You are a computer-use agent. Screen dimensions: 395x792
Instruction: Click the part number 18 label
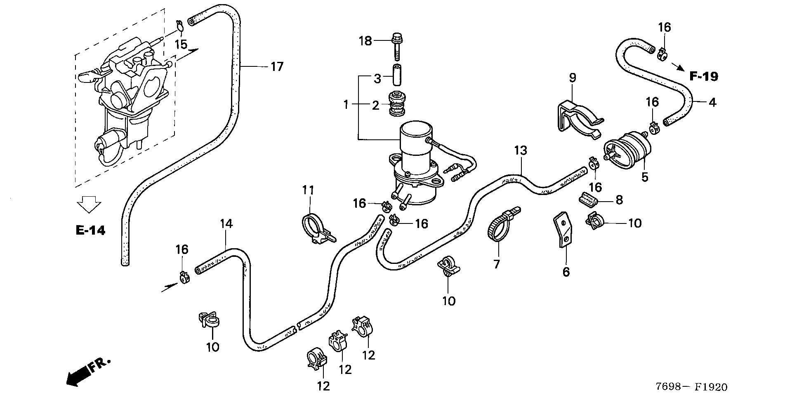click(x=365, y=41)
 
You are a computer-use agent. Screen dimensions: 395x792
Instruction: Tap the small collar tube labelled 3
click(x=396, y=74)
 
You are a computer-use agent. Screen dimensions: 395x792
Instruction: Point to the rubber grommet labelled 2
click(x=396, y=104)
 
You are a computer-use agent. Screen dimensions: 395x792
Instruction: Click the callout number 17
click(x=277, y=66)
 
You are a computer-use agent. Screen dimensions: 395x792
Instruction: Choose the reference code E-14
click(x=90, y=230)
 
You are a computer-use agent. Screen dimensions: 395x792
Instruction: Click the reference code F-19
click(x=704, y=76)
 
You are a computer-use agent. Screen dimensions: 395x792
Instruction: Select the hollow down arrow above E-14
click(x=89, y=204)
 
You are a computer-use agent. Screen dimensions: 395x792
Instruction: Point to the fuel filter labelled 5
click(x=627, y=151)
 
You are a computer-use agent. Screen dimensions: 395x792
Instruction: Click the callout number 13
click(x=521, y=150)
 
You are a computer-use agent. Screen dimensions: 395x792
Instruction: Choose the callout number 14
click(x=226, y=224)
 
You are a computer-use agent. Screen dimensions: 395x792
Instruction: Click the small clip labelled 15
click(x=180, y=26)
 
